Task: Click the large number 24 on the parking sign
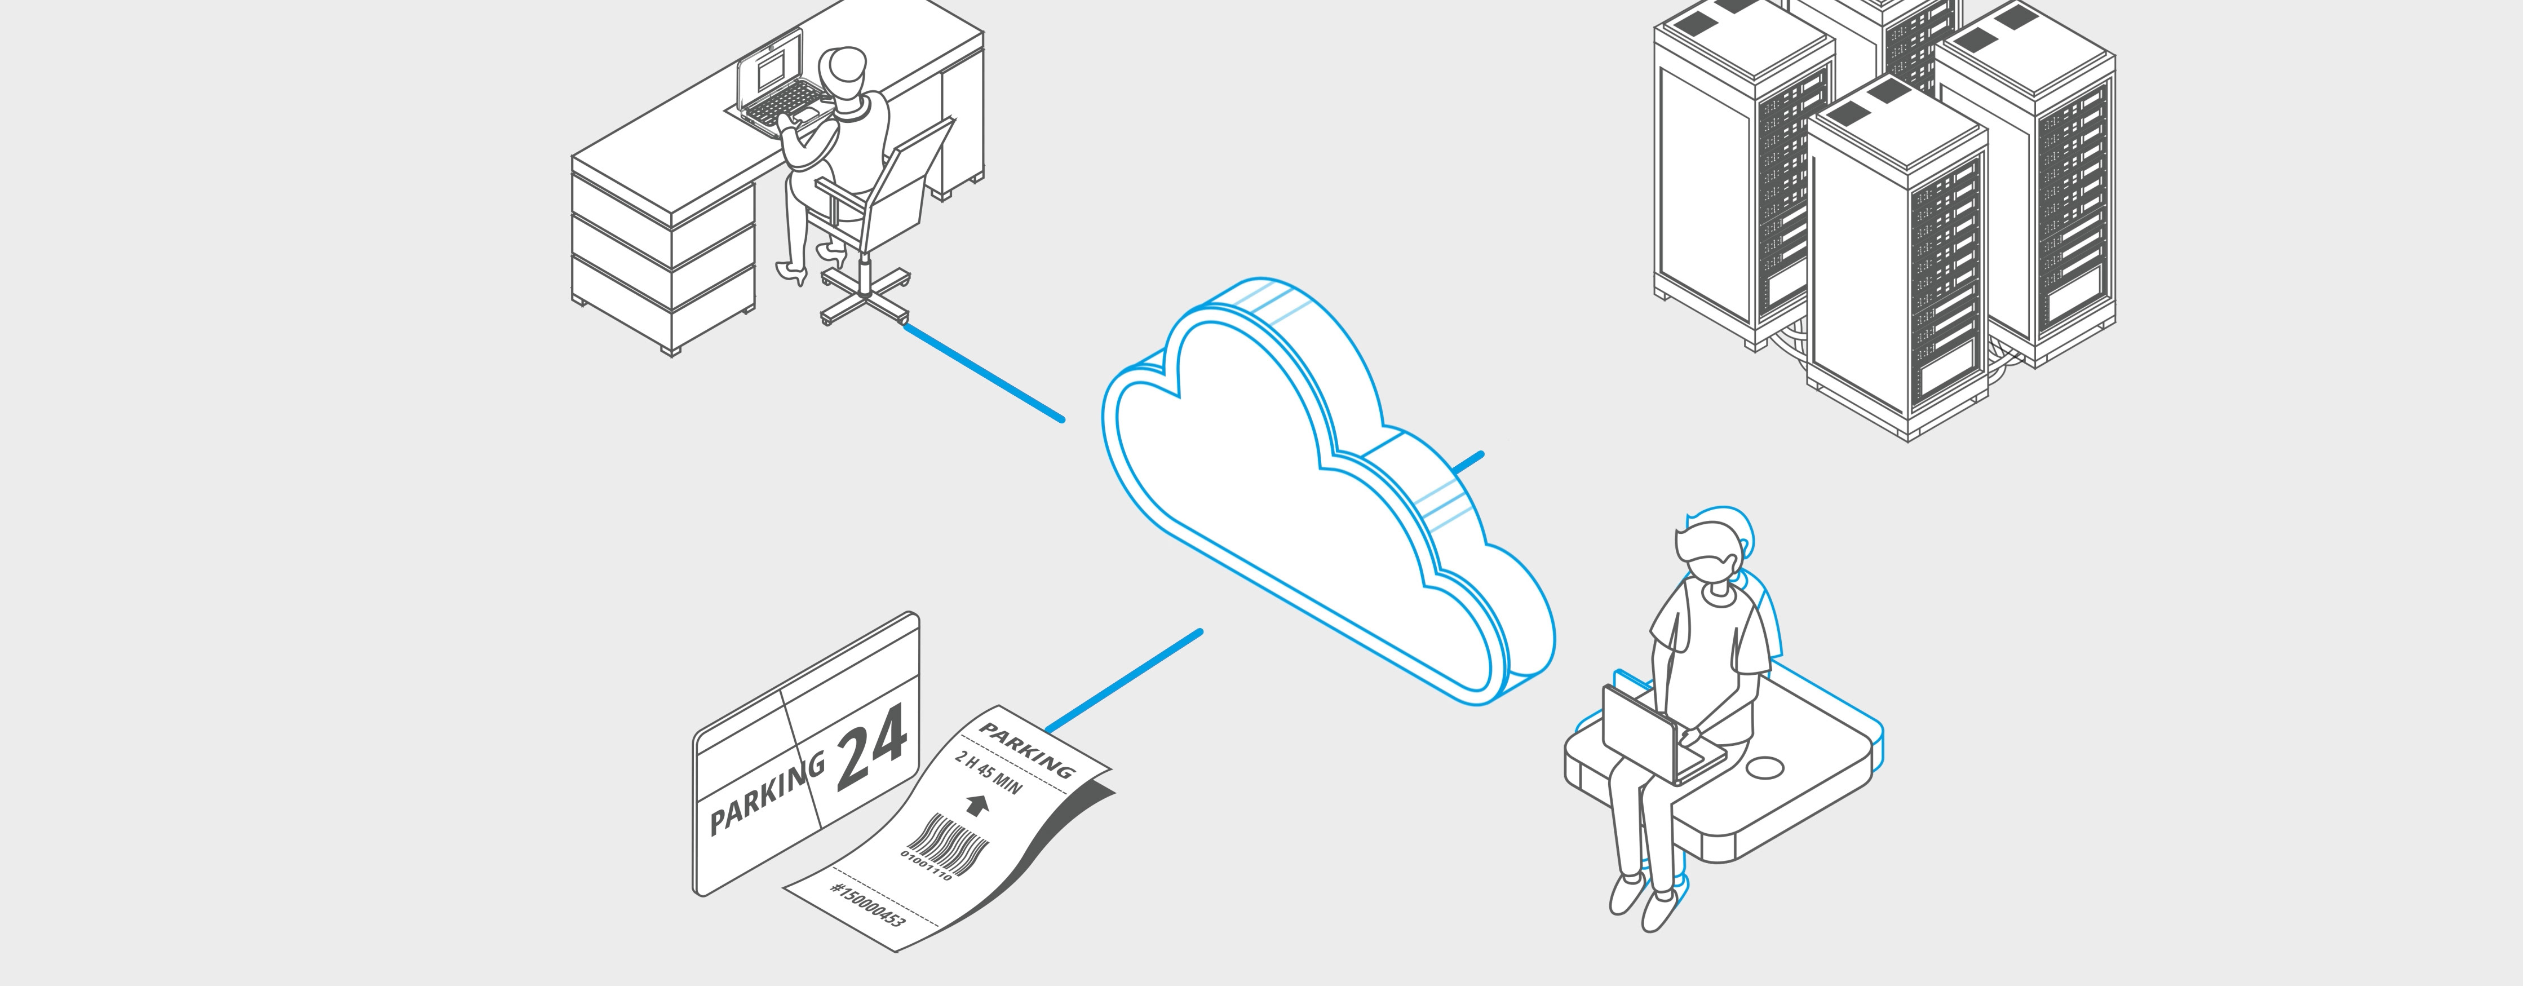[x=871, y=746]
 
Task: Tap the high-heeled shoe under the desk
[x=793, y=272]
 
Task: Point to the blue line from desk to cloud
[x=982, y=372]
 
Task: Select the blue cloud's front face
[x=1303, y=509]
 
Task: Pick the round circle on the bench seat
[x=1768, y=768]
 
